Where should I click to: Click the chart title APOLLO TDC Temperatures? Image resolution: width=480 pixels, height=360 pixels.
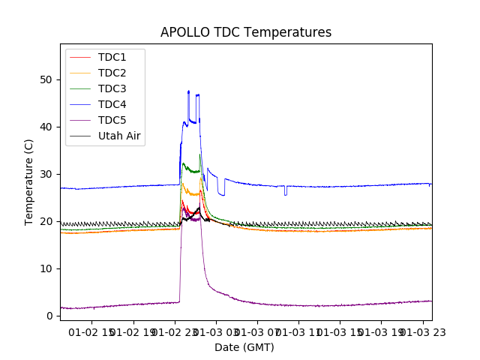coord(246,32)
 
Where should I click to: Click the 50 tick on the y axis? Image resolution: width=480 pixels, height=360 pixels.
coord(46,79)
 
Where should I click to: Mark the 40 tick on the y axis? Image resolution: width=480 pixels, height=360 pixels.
coord(46,127)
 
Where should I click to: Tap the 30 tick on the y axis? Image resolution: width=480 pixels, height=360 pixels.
coord(46,174)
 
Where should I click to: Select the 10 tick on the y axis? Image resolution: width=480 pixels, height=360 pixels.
coord(46,268)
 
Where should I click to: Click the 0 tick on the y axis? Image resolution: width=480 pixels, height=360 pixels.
coord(49,316)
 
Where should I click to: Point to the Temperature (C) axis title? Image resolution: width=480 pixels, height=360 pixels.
coord(29,181)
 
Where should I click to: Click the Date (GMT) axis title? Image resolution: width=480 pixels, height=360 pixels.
coord(244,347)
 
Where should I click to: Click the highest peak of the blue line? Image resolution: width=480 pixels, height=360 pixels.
coord(188,91)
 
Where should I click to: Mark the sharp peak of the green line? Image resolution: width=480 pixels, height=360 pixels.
coord(199,154)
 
